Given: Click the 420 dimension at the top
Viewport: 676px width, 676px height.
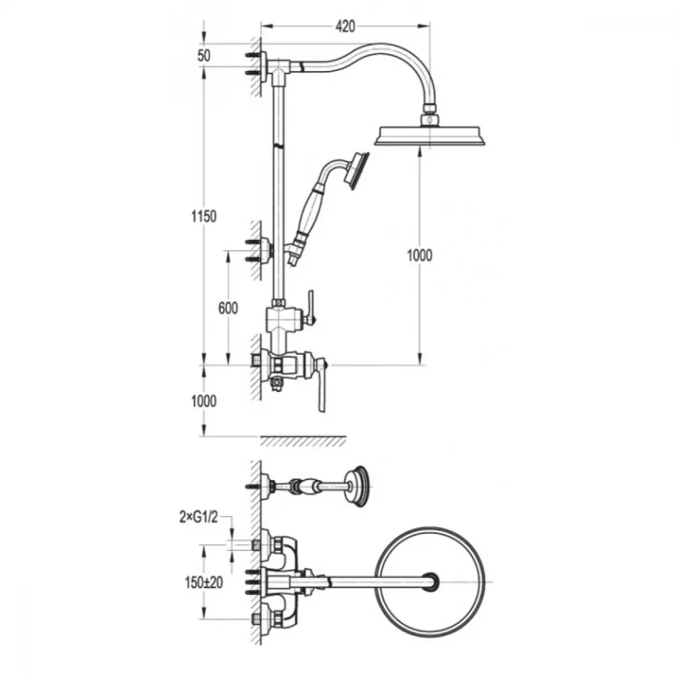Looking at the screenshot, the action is coord(345,26).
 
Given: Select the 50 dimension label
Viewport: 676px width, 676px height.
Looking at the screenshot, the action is coord(203,55).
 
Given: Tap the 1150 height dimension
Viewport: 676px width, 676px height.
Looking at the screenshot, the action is coord(203,216).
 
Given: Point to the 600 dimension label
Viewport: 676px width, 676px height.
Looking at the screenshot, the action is coord(228,308).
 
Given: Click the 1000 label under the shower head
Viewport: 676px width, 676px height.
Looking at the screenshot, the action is coord(420,256).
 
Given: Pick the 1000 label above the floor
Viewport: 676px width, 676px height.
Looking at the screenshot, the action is coord(203,402).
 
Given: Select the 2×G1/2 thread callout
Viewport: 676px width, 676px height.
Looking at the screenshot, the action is coord(199,517).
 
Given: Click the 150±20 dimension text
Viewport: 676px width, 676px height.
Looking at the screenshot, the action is coord(203,583).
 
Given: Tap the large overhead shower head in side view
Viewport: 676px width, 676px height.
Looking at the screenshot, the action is coord(430,135).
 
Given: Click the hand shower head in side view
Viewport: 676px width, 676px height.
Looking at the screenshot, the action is coord(359,171).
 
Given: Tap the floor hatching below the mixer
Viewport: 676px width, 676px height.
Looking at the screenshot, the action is coord(303,441).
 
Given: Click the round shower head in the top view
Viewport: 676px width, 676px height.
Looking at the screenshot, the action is coord(430,581).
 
